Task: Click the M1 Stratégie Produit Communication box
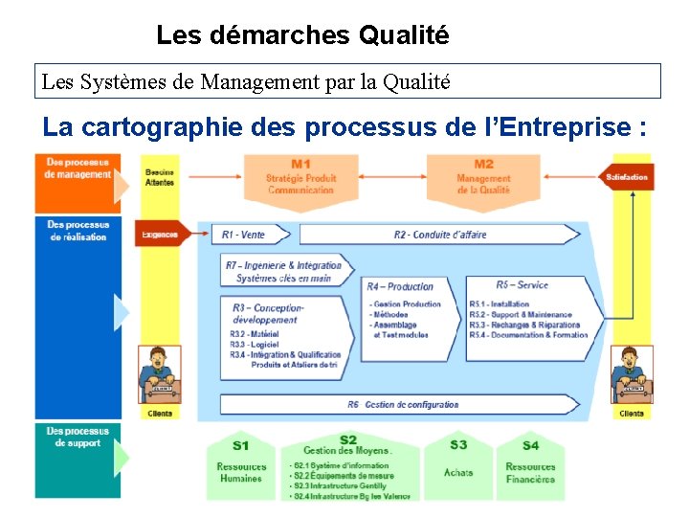pos(300,177)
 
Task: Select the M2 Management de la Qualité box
pos(483,177)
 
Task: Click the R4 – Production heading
pos(400,286)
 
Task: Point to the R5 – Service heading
pos(522,285)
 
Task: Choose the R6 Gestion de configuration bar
pos(402,405)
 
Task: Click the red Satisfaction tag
pos(627,177)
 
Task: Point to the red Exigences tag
pos(161,235)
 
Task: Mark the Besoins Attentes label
pos(160,177)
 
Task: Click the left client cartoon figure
pos(160,376)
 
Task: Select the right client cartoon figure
pos(632,376)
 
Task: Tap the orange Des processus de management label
pos(78,169)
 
